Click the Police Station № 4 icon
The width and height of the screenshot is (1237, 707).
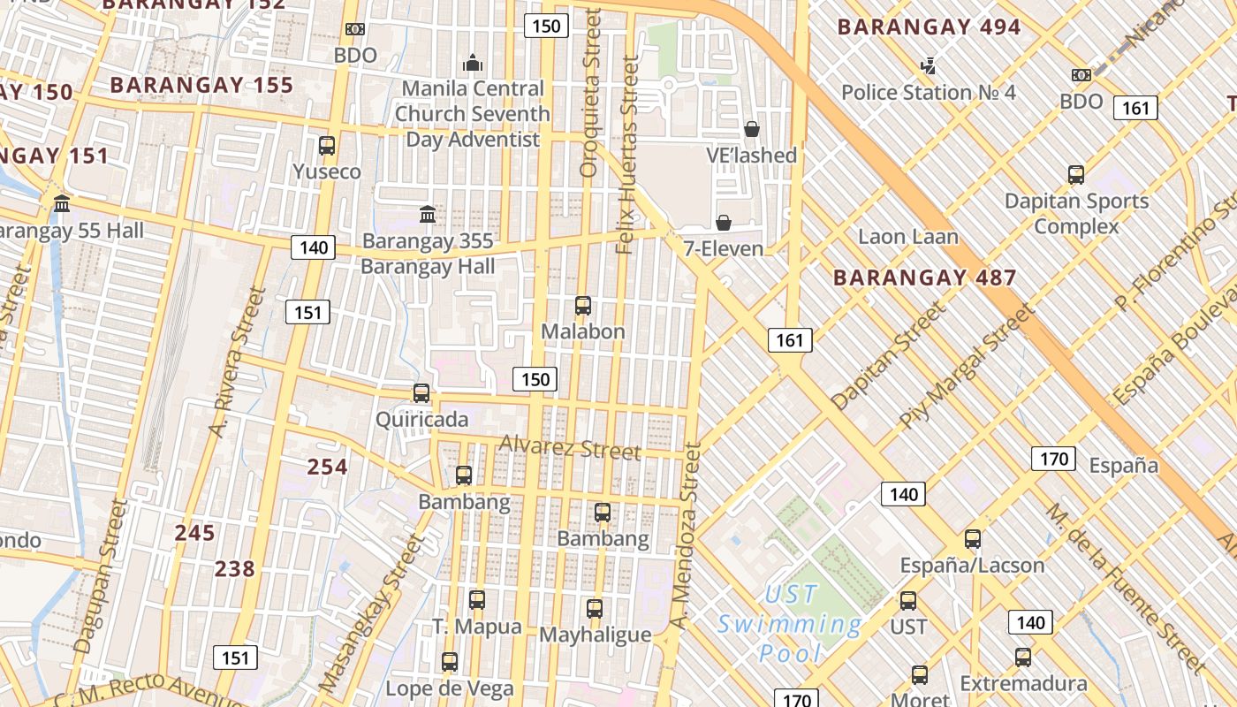coord(928,65)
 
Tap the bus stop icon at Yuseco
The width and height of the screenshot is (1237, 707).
coord(327,146)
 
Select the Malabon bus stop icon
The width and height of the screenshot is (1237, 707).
coord(583,306)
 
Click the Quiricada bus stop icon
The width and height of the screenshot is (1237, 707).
coord(421,393)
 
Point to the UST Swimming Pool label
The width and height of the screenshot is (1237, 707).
coord(789,624)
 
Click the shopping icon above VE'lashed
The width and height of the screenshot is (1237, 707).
coord(752,129)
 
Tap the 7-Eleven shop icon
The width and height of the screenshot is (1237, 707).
coord(724,223)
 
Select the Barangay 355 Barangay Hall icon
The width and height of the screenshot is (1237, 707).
coord(428,214)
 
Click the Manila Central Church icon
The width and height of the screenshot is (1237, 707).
coord(473,63)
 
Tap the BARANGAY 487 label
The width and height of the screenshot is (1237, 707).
coord(924,277)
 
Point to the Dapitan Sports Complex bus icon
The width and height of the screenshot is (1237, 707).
coord(1076,175)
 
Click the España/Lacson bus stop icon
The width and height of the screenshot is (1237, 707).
coord(973,538)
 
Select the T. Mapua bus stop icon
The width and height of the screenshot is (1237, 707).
coord(477,600)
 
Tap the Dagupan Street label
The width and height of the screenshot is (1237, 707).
coord(102,576)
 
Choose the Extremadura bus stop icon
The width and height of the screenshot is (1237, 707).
coord(1023,657)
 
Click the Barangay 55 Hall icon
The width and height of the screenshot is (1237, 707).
coord(62,204)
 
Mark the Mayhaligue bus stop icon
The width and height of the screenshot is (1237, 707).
coord(595,608)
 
